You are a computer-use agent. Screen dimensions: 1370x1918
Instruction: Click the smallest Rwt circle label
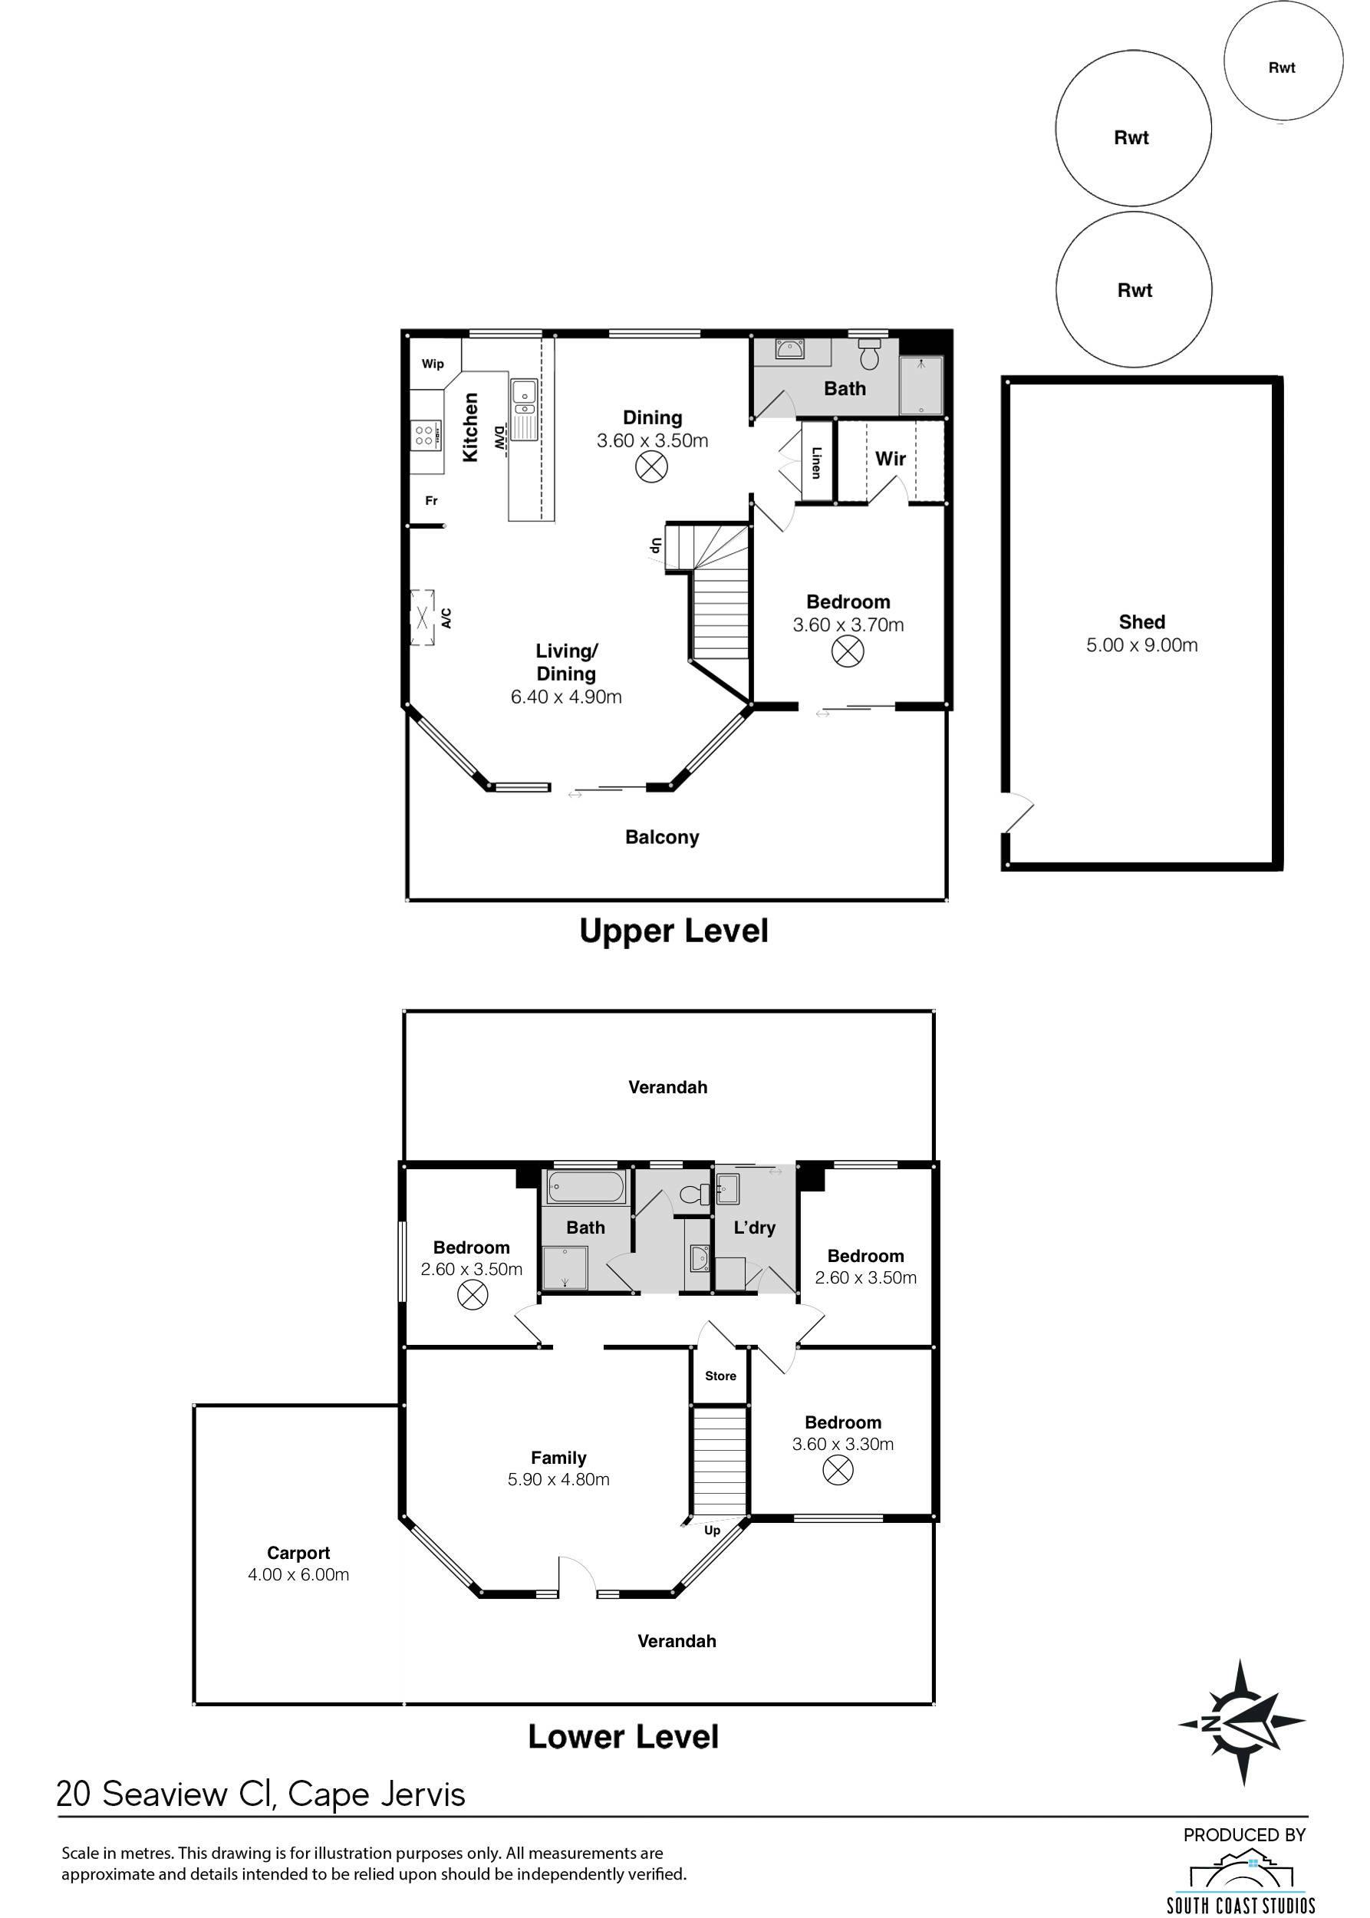click(x=1282, y=68)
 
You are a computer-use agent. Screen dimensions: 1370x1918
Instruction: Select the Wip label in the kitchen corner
click(x=433, y=364)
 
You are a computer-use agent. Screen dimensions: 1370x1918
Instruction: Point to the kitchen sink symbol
click(x=524, y=409)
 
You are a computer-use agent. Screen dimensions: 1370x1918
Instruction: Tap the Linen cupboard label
click(x=815, y=463)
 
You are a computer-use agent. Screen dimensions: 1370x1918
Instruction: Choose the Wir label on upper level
click(x=890, y=458)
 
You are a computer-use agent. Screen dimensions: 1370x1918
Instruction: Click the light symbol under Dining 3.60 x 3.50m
click(x=651, y=466)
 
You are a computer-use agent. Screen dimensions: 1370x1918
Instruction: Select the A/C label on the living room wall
click(x=446, y=618)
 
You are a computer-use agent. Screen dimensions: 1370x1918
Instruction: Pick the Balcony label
click(x=662, y=837)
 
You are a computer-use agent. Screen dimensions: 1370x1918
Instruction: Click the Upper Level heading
click(x=673, y=931)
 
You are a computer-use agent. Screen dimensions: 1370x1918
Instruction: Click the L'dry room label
click(x=754, y=1228)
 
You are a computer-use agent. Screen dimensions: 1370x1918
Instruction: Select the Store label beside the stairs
click(x=720, y=1376)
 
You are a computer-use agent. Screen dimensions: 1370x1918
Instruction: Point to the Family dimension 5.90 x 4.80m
click(x=558, y=1479)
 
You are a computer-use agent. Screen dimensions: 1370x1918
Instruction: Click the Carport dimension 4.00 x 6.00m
click(x=298, y=1574)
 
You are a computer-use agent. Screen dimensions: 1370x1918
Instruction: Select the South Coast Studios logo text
click(x=1240, y=1904)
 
